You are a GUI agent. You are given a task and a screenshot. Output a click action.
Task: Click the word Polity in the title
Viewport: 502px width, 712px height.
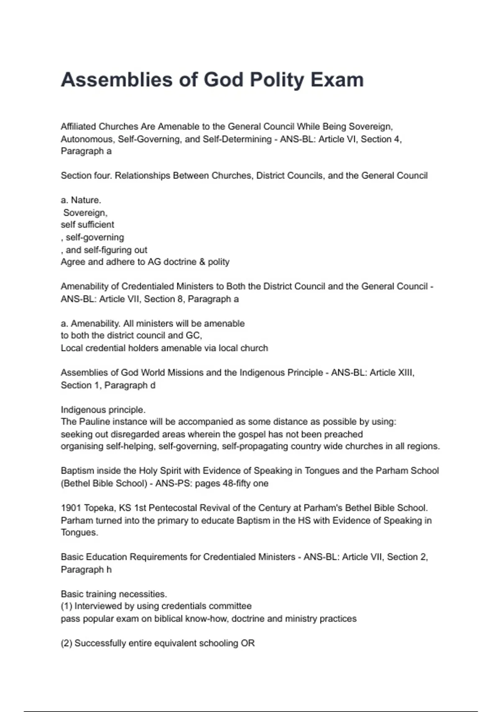click(x=277, y=80)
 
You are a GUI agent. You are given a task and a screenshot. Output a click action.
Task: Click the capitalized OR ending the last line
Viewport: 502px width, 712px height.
click(x=248, y=643)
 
